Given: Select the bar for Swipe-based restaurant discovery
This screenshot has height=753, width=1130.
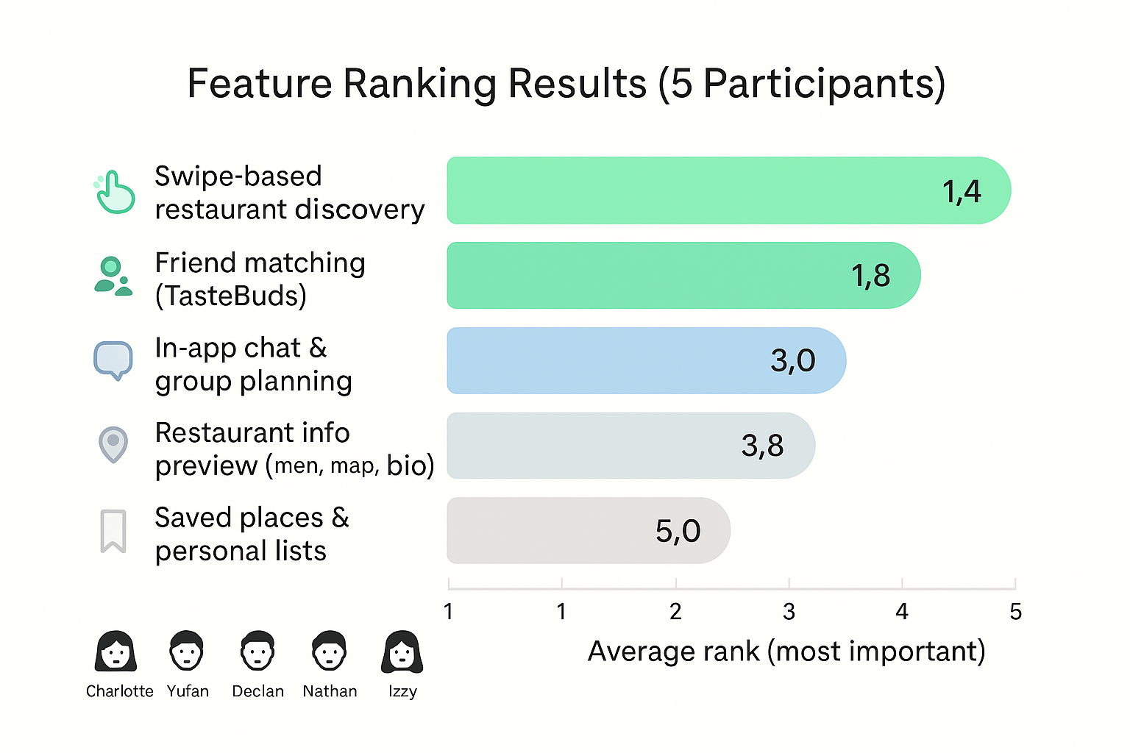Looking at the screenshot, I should tap(728, 190).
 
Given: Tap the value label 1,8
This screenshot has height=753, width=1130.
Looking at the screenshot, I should tap(870, 276).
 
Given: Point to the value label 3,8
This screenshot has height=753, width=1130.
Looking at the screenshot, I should tap(762, 446).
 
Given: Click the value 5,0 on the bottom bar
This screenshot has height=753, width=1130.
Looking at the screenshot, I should tap(678, 531).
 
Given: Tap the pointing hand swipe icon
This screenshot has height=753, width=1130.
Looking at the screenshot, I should tap(115, 192).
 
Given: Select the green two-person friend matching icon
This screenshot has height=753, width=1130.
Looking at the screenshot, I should tap(113, 276).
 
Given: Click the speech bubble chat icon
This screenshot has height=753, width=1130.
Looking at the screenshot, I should tap(113, 360).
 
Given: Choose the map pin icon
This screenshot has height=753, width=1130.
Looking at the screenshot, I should tap(113, 445).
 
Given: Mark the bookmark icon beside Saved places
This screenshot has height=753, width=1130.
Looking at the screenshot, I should tap(113, 530).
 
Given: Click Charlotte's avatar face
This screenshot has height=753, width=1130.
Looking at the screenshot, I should tap(116, 651).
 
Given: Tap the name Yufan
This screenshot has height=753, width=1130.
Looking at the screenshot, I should tap(188, 691).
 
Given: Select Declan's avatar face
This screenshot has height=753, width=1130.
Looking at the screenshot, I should tap(257, 651).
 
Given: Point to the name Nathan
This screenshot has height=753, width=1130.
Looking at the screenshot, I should tap(330, 691).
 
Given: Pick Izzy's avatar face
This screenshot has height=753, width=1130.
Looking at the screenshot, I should tap(402, 651).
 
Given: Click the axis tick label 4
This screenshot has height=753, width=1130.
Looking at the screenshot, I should tap(902, 612).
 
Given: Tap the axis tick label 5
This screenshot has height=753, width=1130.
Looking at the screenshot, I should tap(1015, 612).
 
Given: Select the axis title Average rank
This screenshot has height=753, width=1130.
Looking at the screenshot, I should tap(786, 652).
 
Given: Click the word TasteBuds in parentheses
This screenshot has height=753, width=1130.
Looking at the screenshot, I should tap(231, 296).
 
